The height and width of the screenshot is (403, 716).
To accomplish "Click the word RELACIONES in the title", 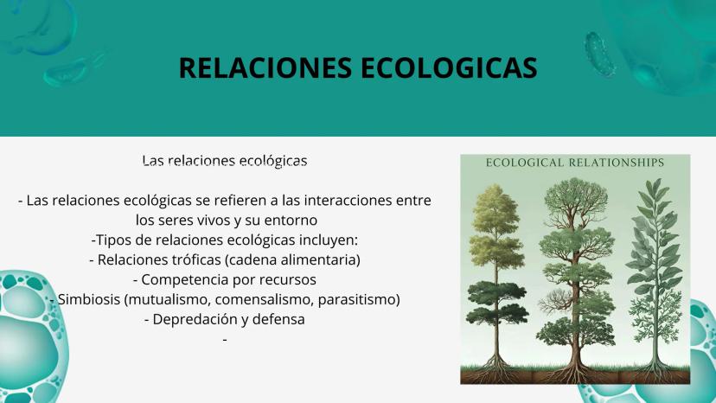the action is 265,68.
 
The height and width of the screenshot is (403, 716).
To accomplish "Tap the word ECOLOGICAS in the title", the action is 449,68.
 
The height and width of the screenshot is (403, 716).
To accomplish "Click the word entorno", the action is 291,221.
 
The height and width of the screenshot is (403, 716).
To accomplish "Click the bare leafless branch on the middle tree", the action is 554,300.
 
